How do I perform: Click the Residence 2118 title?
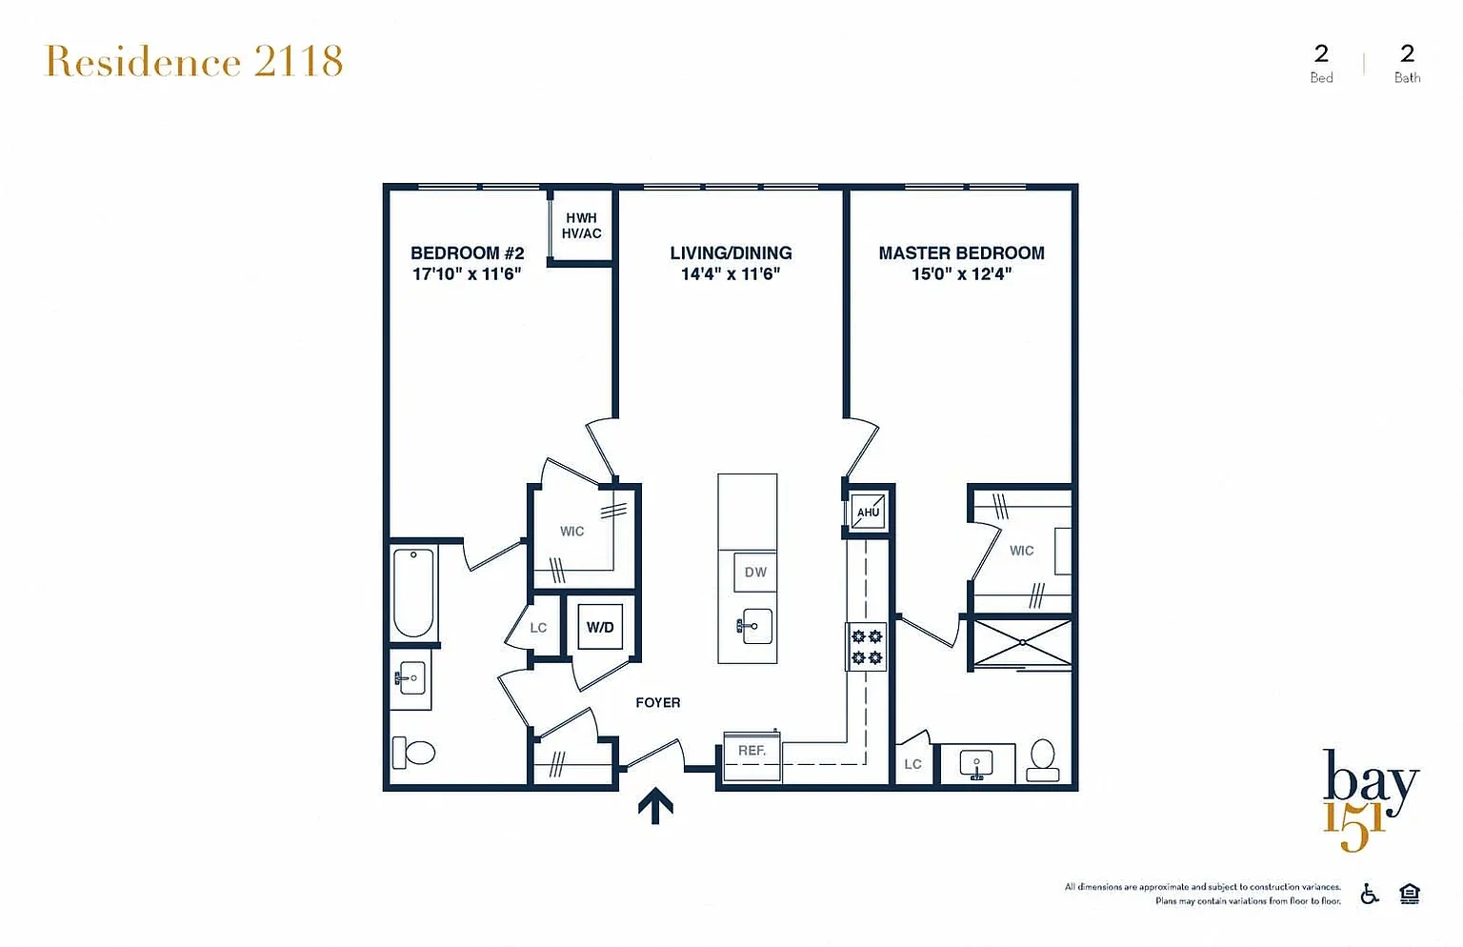pyautogui.click(x=193, y=61)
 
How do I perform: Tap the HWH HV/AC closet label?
pyautogui.click(x=581, y=226)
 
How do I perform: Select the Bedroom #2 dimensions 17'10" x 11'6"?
pyautogui.click(x=467, y=273)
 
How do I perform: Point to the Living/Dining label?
pyautogui.click(x=731, y=252)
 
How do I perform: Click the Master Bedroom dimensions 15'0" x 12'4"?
pyautogui.click(x=961, y=273)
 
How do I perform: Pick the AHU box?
pyautogui.click(x=868, y=512)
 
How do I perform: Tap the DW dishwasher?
pyautogui.click(x=755, y=573)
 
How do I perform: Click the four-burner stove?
pyautogui.click(x=867, y=647)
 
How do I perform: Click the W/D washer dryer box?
pyautogui.click(x=600, y=627)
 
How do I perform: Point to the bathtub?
pyautogui.click(x=413, y=593)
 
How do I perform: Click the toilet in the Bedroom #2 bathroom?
pyautogui.click(x=413, y=753)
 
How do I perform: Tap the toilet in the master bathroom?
pyautogui.click(x=1042, y=760)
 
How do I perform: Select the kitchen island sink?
pyautogui.click(x=755, y=626)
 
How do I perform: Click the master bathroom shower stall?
pyautogui.click(x=1022, y=643)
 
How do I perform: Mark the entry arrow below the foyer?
pyautogui.click(x=655, y=806)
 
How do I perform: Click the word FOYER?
pyautogui.click(x=658, y=703)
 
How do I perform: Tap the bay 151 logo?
pyautogui.click(x=1371, y=800)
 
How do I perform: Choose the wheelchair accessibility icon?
pyautogui.click(x=1370, y=894)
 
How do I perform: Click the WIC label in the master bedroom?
pyautogui.click(x=1021, y=551)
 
